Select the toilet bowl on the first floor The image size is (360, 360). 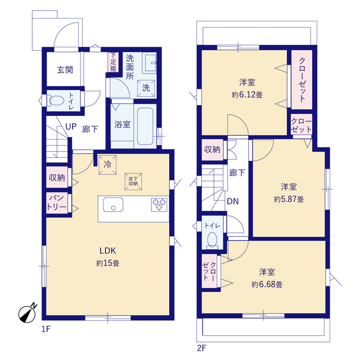point(56,102)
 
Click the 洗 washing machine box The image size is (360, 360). point(146,88)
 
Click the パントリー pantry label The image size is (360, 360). point(56,202)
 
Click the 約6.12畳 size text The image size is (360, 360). point(247,94)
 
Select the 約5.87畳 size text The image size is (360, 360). point(289,199)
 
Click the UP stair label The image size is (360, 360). point(71,127)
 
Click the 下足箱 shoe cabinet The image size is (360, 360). point(113,62)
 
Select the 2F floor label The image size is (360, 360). point(201,348)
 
